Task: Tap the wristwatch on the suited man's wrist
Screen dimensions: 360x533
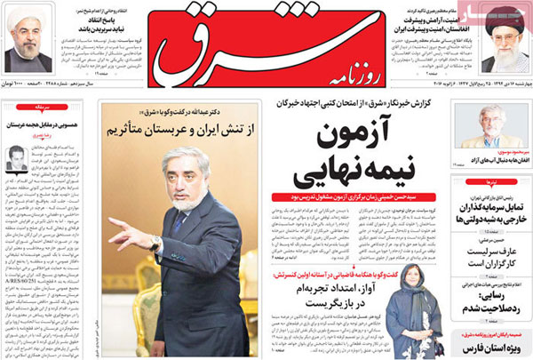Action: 156,242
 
